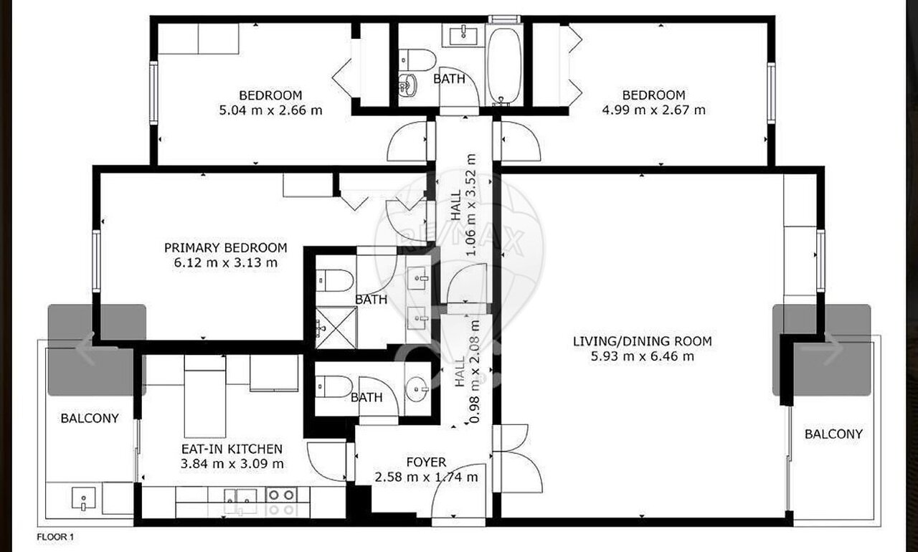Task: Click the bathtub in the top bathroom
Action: (x=503, y=65)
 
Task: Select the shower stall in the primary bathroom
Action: (x=336, y=328)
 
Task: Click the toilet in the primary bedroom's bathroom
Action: (x=335, y=280)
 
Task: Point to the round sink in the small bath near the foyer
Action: (x=417, y=389)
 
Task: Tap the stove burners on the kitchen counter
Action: (x=281, y=502)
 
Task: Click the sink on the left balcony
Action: (x=83, y=498)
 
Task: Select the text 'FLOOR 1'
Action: (x=55, y=537)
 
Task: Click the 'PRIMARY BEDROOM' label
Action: (x=225, y=248)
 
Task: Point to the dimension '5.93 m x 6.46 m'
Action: (x=642, y=356)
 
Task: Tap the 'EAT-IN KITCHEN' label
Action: (x=232, y=449)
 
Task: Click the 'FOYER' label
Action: (x=426, y=462)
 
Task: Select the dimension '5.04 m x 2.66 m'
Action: (x=270, y=110)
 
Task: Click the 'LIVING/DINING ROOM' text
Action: (x=642, y=341)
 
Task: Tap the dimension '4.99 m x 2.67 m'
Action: (x=653, y=110)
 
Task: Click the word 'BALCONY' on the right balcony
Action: (x=833, y=434)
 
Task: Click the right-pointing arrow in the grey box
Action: (x=832, y=349)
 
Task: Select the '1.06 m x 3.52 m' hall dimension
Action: (x=471, y=205)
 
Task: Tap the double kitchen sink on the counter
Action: (x=240, y=501)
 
